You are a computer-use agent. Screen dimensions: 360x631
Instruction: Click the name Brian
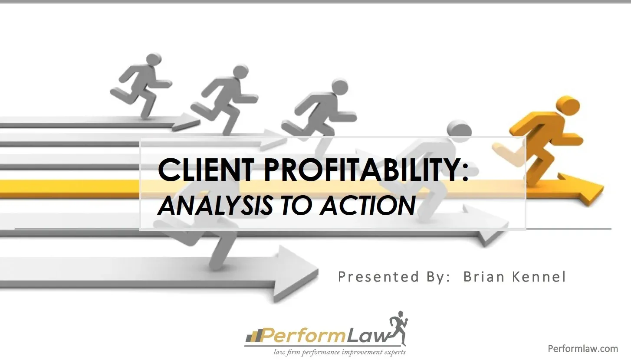(482, 277)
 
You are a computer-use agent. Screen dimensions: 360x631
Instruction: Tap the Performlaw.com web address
(583, 348)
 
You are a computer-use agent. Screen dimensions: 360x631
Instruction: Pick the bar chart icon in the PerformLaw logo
(253, 335)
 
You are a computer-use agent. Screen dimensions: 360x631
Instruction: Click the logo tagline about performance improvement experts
(339, 352)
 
